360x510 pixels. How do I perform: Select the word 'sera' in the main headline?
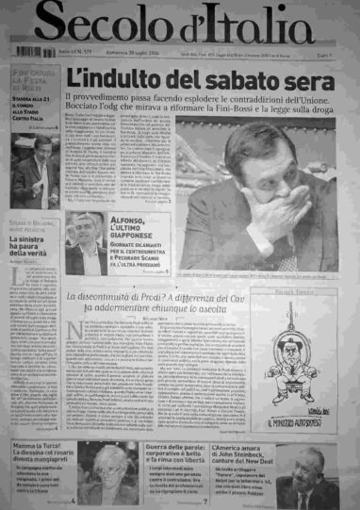pos(293,79)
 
